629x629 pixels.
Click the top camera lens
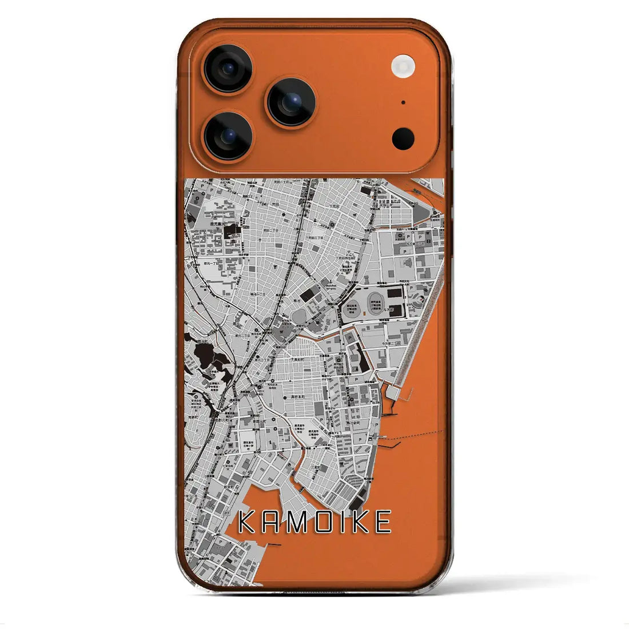pyautogui.click(x=228, y=69)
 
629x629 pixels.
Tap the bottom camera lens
pyautogui.click(x=228, y=136)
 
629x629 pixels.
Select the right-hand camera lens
pyautogui.click(x=290, y=102)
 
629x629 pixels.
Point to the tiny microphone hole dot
pyautogui.click(x=403, y=103)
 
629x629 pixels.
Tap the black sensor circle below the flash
pyautogui.click(x=403, y=138)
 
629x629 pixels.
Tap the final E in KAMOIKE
pyautogui.click(x=383, y=522)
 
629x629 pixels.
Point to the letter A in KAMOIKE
pyautogui.click(x=269, y=522)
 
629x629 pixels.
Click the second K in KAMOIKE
pyautogui.click(x=360, y=522)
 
